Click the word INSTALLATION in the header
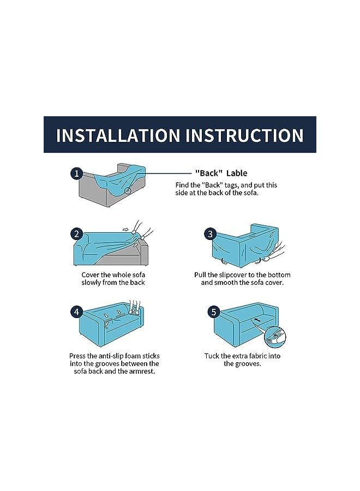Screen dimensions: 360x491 (x=118, y=135)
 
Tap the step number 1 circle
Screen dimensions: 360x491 (x=77, y=173)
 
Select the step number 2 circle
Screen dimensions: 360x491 (x=77, y=234)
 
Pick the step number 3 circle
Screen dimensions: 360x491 (x=211, y=234)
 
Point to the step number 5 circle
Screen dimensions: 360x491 (x=214, y=312)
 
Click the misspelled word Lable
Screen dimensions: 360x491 (x=237, y=173)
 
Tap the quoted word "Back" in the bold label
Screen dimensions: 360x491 (x=209, y=173)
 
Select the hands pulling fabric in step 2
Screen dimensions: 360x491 (x=141, y=231)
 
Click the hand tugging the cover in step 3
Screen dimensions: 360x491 (x=275, y=253)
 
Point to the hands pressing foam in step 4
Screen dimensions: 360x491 (x=135, y=306)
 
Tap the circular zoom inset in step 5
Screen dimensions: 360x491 (x=275, y=337)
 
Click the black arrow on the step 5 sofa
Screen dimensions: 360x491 (x=257, y=320)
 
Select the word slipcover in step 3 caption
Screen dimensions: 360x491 (x=232, y=275)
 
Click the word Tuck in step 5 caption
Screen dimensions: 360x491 (x=212, y=356)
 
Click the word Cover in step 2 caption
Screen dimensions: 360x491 (x=91, y=275)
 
